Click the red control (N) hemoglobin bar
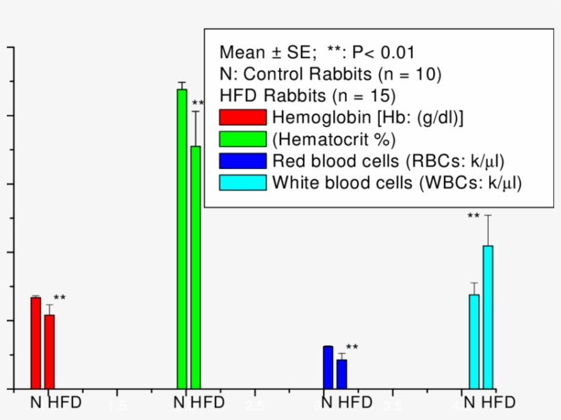coord(36,343)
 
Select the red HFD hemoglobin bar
coord(49,351)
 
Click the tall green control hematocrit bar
coord(181,239)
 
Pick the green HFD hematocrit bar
coord(196,267)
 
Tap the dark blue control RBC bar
coord(328,367)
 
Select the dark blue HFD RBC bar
coord(341,373)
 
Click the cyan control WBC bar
coord(474,341)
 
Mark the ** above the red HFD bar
coord(60,298)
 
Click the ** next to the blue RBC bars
coord(352,347)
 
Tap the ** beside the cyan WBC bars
coord(473,217)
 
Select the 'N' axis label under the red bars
coord(36,402)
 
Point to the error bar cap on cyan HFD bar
coord(488,215)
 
